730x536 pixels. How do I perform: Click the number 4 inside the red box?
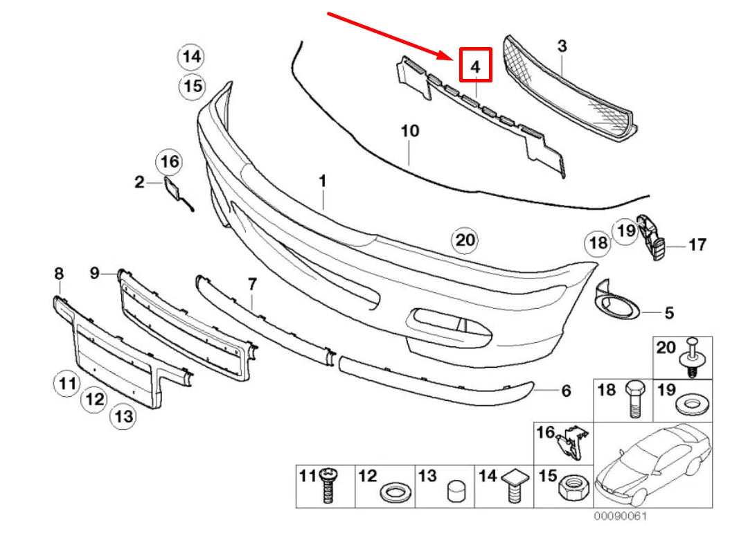(475, 67)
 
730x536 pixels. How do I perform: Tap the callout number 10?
(409, 130)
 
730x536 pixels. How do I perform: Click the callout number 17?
(697, 244)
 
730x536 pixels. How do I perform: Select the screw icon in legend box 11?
(328, 488)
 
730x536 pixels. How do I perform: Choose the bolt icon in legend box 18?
(634, 400)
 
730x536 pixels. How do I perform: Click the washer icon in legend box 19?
(688, 404)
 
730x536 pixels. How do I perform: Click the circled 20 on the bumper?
(465, 240)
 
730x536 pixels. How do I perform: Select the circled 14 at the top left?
(192, 57)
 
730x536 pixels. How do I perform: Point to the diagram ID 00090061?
(621, 517)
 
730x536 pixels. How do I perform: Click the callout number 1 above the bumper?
(322, 181)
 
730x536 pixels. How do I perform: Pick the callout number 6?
(565, 391)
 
